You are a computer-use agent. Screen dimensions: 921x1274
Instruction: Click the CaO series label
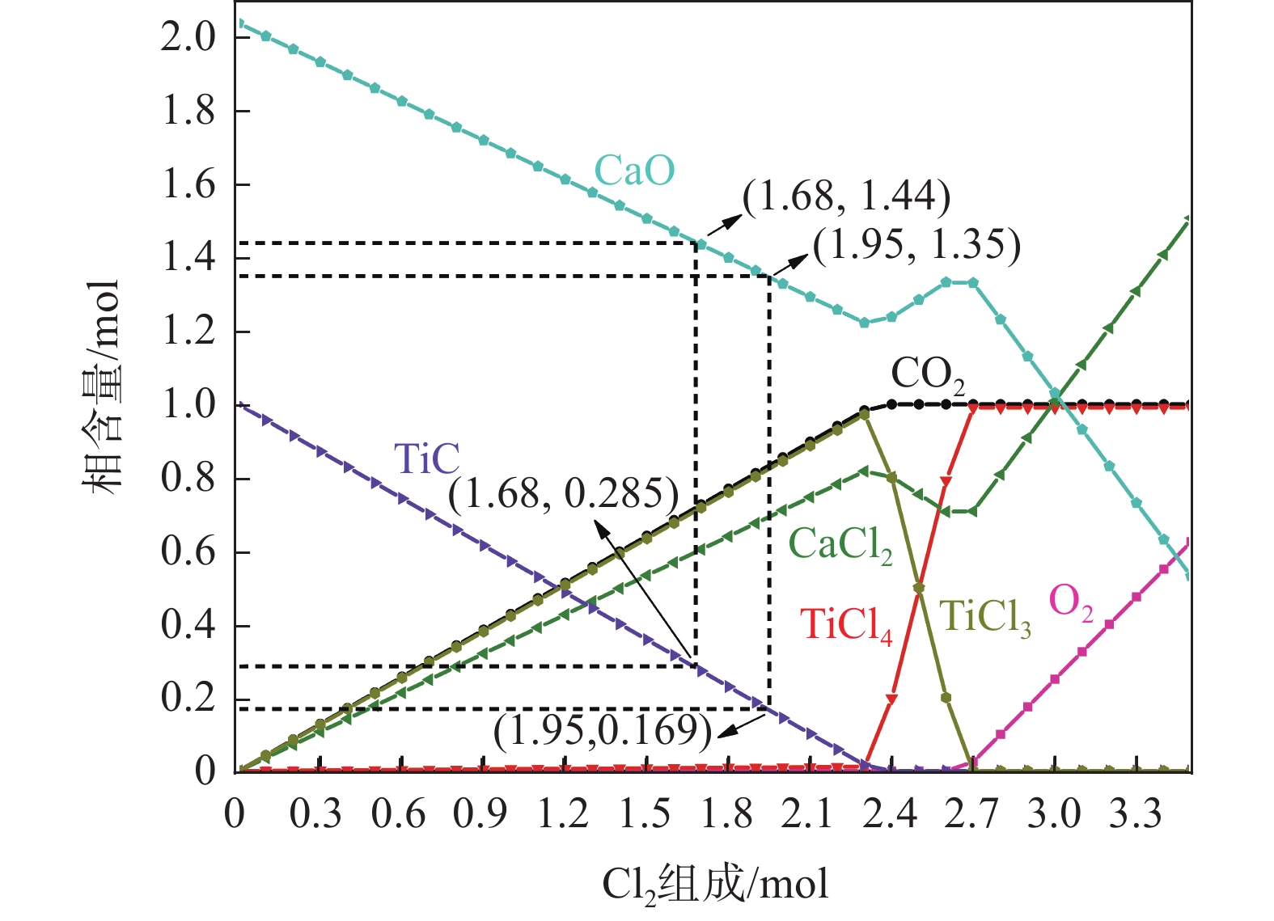click(634, 171)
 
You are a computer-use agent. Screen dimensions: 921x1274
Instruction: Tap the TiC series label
click(426, 459)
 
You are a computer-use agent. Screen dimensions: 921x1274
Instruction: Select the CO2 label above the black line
click(928, 375)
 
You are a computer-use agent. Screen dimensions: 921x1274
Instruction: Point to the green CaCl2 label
click(840, 544)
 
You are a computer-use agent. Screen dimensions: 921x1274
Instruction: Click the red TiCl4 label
click(845, 625)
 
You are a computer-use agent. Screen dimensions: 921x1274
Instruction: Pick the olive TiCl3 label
click(985, 619)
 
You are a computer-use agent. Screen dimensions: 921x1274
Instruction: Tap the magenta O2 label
click(1071, 603)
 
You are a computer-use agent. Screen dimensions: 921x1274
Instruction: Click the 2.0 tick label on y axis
click(188, 36)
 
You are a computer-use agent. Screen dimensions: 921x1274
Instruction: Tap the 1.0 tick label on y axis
click(188, 404)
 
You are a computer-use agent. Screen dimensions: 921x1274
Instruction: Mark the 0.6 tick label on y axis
click(188, 551)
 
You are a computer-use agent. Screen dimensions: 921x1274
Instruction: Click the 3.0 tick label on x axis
click(1054, 813)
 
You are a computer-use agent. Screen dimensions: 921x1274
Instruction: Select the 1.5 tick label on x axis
click(645, 813)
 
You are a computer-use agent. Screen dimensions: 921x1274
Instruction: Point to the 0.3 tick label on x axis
click(316, 813)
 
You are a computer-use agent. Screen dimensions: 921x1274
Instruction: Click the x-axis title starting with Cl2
click(715, 884)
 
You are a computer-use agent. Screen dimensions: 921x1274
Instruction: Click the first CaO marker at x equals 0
click(239, 23)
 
